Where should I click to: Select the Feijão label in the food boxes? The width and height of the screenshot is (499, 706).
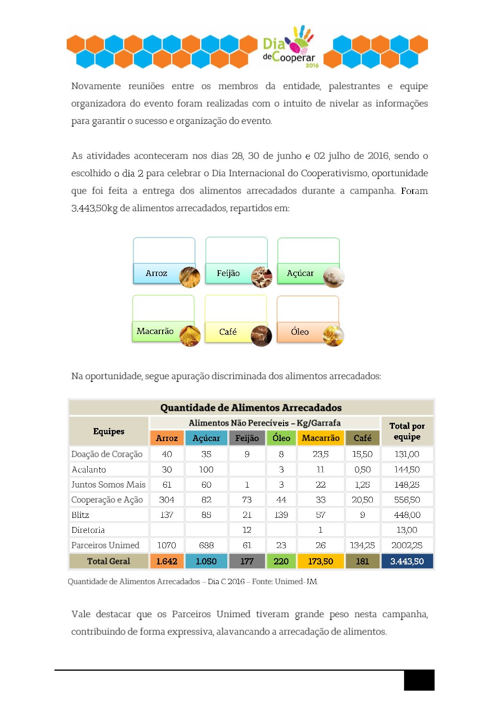(228, 273)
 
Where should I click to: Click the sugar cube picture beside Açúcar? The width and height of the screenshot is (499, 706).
(333, 277)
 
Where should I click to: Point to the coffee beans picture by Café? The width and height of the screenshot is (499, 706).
(261, 335)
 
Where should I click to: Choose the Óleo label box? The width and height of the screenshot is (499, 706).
(300, 332)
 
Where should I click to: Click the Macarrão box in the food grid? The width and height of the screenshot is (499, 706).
(155, 331)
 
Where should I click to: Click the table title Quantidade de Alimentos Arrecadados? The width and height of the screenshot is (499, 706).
(251, 407)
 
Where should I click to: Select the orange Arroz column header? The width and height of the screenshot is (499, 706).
(166, 438)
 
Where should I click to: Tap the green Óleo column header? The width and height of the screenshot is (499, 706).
(281, 438)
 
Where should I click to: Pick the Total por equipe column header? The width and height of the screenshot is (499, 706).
(407, 431)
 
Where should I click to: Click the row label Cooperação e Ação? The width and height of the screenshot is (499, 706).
(107, 500)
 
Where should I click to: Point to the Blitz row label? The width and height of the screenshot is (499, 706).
(80, 515)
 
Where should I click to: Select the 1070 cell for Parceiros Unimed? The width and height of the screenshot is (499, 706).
(166, 545)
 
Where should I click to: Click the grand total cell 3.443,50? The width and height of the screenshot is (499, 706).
(407, 561)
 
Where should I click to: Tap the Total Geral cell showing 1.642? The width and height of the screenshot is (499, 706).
(166, 561)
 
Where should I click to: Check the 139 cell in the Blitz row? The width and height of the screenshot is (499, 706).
(281, 515)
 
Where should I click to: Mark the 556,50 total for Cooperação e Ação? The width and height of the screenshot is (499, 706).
(407, 500)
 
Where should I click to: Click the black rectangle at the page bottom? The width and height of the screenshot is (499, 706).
(419, 680)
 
